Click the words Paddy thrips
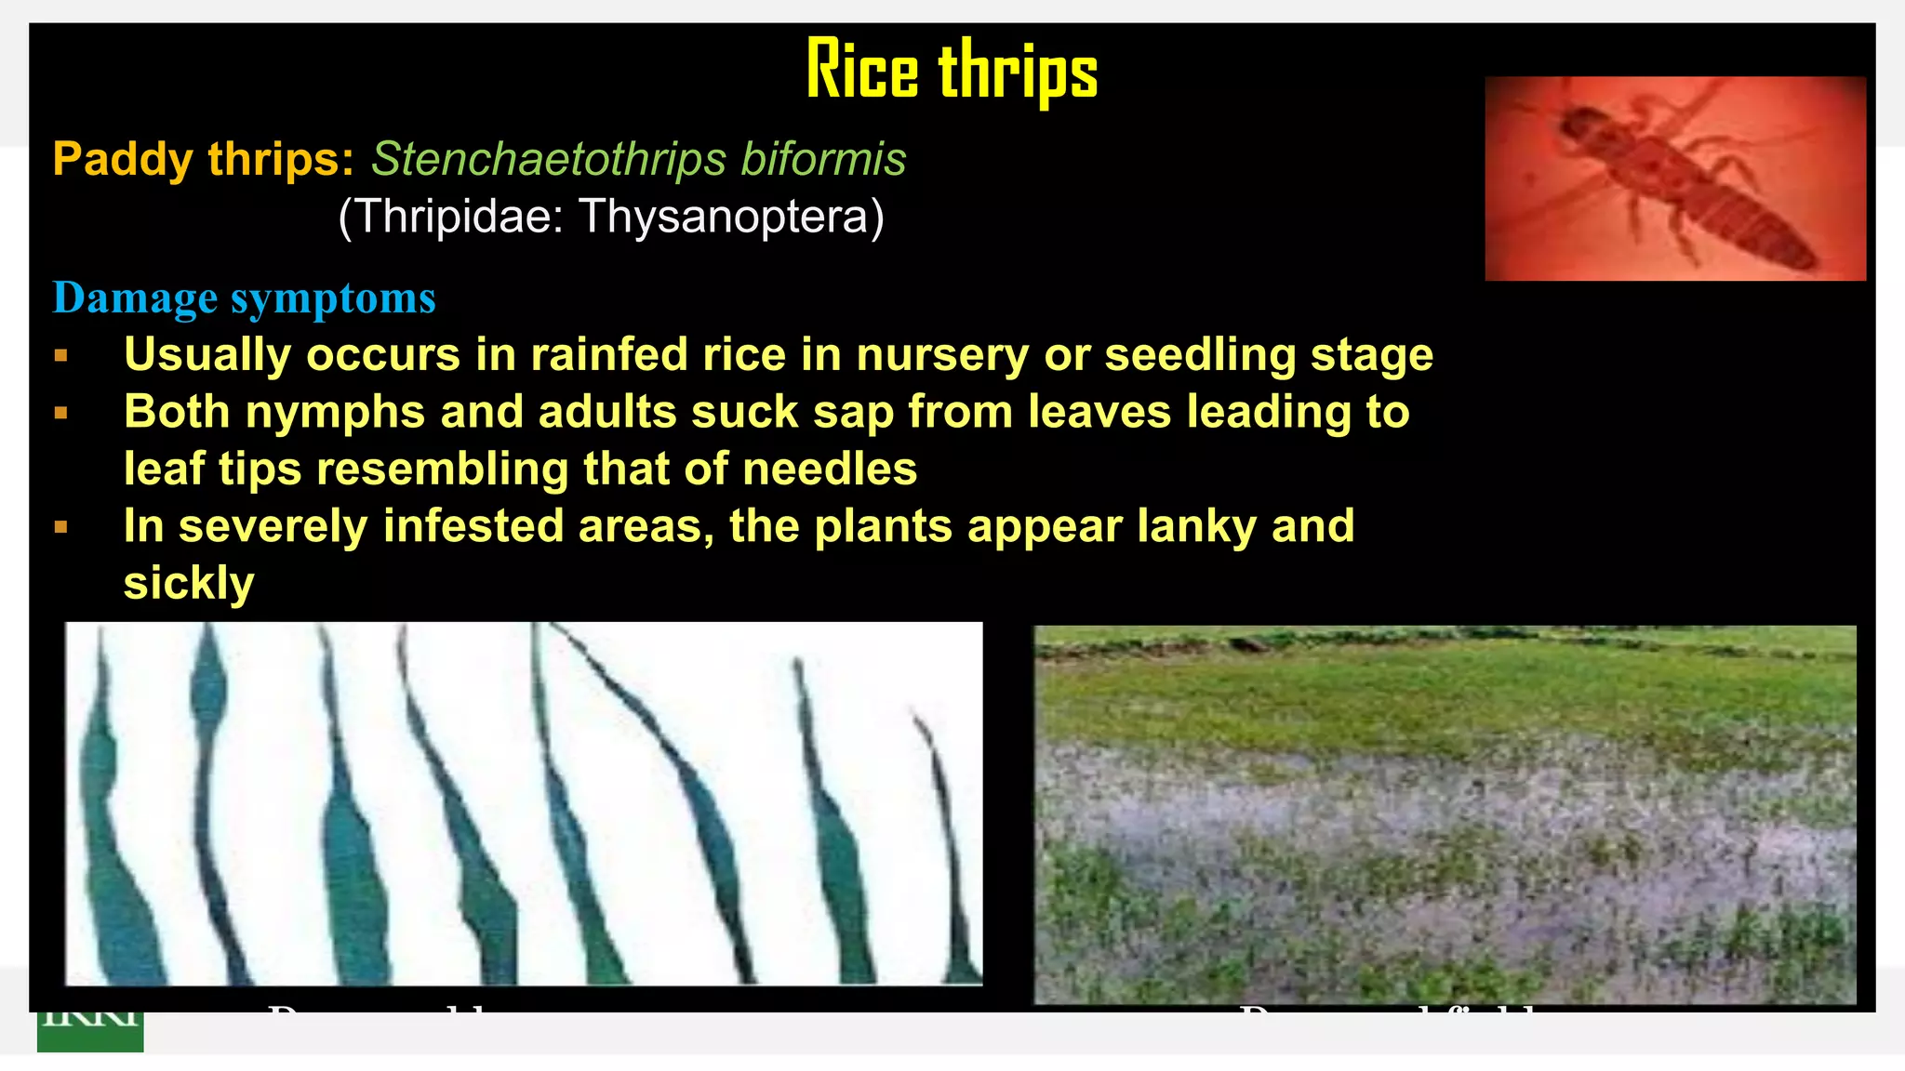point(203,160)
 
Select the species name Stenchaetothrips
point(548,159)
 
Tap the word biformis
point(823,159)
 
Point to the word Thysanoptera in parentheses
point(730,217)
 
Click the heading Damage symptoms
point(244,298)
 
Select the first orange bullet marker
point(61,356)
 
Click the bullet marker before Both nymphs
point(61,413)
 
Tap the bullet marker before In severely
point(61,527)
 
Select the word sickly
point(189,584)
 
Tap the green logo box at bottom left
point(90,1030)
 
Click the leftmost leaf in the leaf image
point(112,837)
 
